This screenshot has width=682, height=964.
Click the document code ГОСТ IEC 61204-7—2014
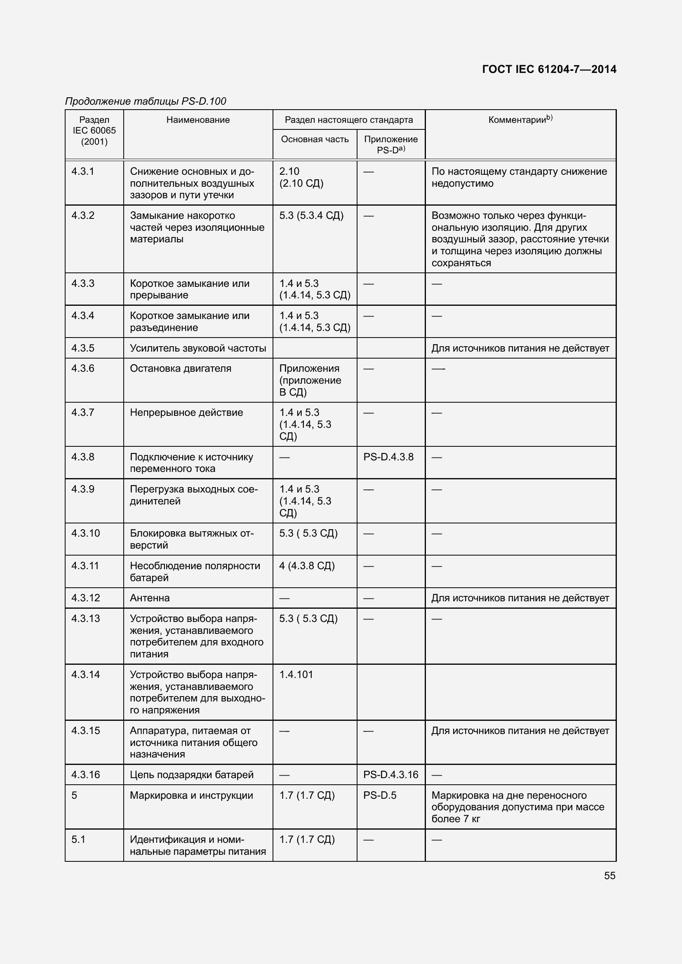[549, 69]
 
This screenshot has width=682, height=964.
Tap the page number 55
[609, 875]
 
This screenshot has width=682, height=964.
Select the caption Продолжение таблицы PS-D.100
[145, 101]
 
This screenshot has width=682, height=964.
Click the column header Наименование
[198, 120]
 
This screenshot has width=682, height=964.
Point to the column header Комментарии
[520, 120]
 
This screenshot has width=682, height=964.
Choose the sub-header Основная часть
[315, 139]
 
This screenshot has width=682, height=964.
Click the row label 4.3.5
[83, 348]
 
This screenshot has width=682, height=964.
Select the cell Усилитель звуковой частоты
[198, 348]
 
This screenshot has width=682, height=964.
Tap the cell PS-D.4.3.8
[388, 457]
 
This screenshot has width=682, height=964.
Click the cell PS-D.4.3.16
[390, 775]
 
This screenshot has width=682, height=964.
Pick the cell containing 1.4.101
[296, 675]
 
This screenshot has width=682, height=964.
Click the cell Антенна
[150, 598]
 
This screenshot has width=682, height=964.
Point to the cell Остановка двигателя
[180, 368]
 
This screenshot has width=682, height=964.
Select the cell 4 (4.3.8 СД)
[306, 565]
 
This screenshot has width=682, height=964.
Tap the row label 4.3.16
[86, 775]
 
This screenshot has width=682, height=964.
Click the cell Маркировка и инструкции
[191, 795]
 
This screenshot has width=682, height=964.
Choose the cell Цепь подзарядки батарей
[191, 775]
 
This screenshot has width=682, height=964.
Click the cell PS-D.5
[380, 795]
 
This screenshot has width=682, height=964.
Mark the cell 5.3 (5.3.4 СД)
[311, 216]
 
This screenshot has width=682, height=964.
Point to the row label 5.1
[78, 839]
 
